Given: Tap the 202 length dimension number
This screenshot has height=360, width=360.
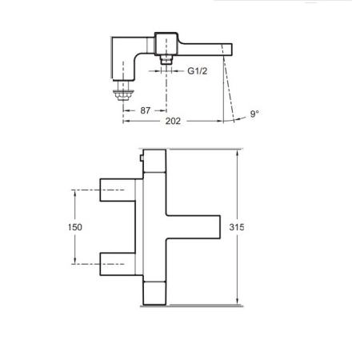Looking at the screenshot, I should (171, 121).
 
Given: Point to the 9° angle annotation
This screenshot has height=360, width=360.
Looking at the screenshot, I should (254, 114).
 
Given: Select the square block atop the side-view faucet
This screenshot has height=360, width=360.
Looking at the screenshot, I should (166, 43).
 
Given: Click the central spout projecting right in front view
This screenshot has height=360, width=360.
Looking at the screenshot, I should (192, 226).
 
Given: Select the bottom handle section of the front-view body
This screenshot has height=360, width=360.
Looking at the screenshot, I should (154, 292).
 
